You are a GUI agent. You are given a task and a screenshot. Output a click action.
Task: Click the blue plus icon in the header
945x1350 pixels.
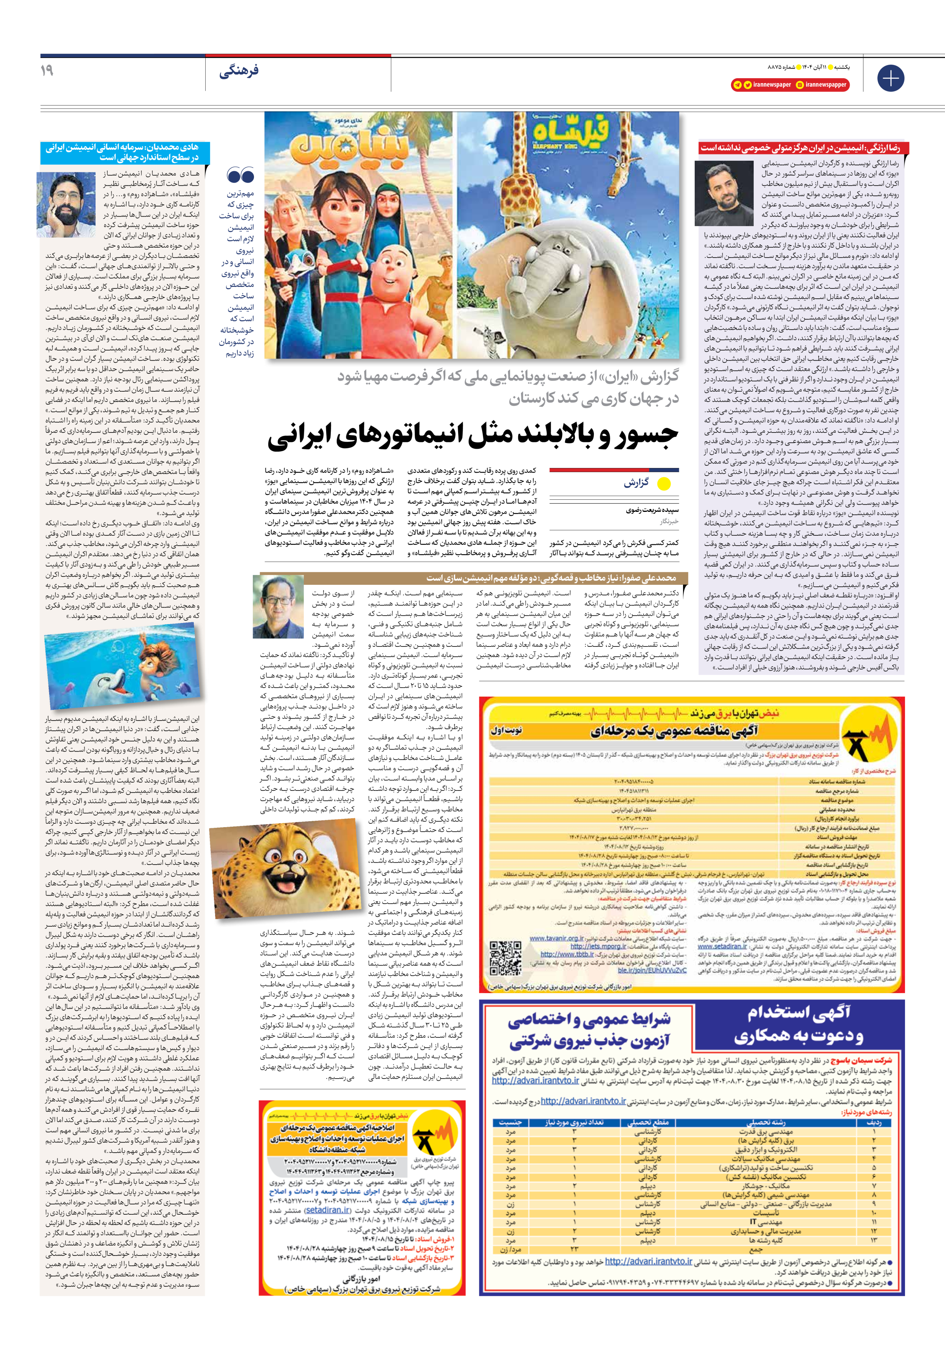[x=890, y=78]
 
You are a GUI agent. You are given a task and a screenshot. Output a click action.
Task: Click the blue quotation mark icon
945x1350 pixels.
[x=240, y=175]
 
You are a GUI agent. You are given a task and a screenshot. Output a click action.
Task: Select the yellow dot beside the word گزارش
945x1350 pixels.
[x=663, y=484]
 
